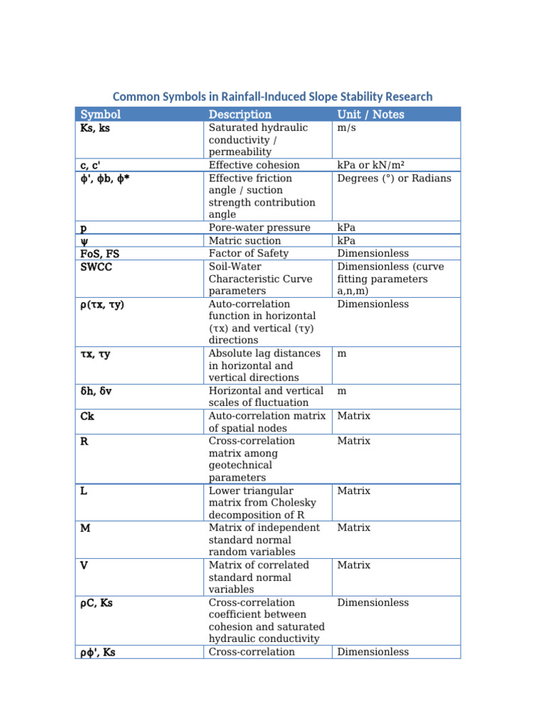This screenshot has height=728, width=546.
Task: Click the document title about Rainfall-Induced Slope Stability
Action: (272, 97)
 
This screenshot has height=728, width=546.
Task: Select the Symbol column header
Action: (100, 114)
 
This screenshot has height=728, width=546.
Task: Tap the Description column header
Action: (240, 114)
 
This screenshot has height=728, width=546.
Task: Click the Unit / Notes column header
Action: (370, 114)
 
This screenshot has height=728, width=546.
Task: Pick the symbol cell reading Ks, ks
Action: (95, 128)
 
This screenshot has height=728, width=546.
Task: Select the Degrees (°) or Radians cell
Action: (394, 178)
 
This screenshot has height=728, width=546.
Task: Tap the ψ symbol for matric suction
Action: (84, 240)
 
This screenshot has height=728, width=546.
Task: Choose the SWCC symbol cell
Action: (97, 266)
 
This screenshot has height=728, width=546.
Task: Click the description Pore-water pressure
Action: (259, 227)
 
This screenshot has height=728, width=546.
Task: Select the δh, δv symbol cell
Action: (97, 390)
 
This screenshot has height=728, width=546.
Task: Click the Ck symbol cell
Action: (87, 416)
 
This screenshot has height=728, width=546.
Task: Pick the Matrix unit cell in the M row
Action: (353, 528)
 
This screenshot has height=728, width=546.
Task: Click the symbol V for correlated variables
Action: (84, 565)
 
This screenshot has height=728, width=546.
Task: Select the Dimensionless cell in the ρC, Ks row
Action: (373, 602)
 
